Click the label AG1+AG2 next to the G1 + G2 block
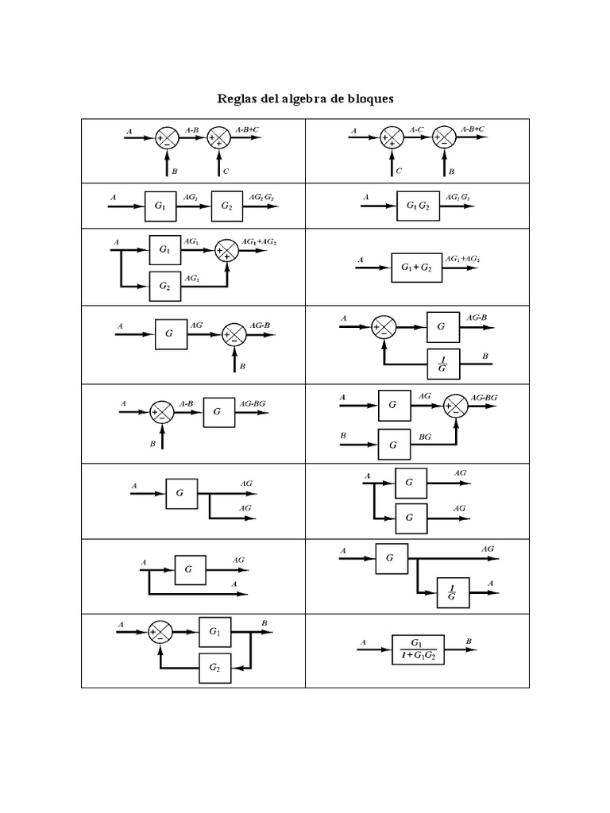coord(463,259)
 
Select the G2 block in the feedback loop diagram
coord(215,668)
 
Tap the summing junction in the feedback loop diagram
coord(160,633)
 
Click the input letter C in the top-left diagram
coord(226,171)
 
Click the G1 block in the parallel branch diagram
coord(164,249)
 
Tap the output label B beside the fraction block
coord(469,640)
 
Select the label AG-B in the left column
coord(260,326)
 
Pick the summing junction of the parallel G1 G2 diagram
coord(228,251)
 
